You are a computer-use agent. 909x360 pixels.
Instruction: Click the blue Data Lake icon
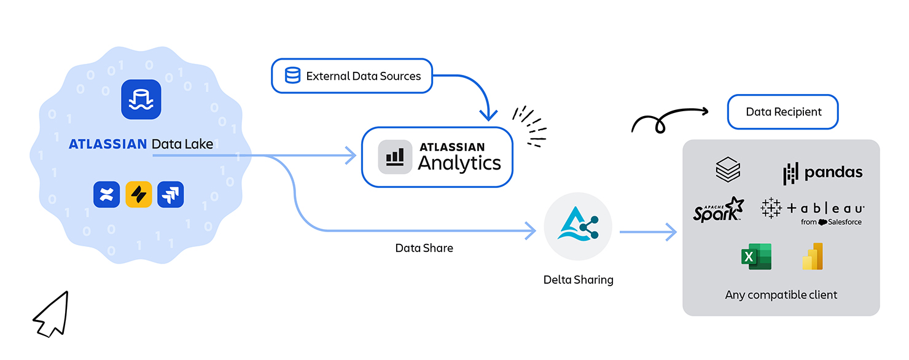point(141,99)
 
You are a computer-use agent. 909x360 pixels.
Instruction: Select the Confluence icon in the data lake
point(107,195)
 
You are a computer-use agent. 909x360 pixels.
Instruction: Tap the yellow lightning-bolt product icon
point(139,195)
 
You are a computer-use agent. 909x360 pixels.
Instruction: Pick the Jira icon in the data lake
point(171,195)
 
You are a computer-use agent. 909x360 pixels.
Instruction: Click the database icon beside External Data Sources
point(293,76)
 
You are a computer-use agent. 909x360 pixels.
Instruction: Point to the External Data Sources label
point(364,76)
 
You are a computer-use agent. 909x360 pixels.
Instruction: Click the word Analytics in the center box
point(459,163)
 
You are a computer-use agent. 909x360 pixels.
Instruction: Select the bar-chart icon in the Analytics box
point(395,157)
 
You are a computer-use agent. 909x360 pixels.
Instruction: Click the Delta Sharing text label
point(578,280)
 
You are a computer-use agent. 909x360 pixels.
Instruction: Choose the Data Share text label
point(424,248)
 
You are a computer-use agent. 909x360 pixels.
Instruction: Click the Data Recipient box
point(782,112)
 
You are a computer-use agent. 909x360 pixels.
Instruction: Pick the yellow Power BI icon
point(813,257)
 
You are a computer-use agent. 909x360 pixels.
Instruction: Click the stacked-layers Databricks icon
point(728,170)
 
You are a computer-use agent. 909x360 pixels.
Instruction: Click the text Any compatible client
point(781,295)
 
